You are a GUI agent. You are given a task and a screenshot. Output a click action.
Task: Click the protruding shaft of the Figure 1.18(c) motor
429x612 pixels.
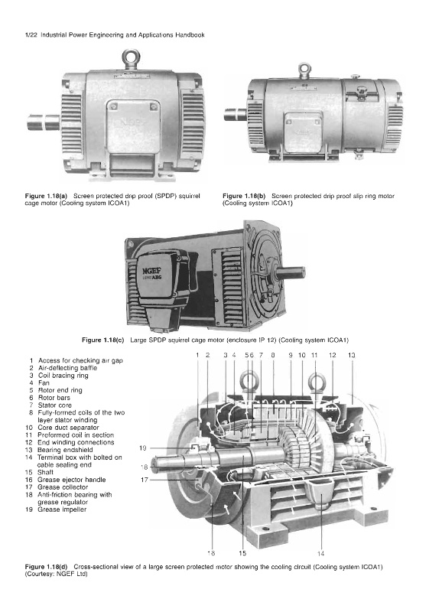[291, 272]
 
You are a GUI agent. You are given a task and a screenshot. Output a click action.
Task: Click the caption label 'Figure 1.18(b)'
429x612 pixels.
[244, 196]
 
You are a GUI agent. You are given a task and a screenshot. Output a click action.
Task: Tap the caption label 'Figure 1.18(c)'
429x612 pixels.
[103, 340]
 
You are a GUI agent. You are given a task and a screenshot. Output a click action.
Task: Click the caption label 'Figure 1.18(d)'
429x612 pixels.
[46, 567]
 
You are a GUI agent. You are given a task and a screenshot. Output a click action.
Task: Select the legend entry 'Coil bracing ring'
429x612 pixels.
[63, 376]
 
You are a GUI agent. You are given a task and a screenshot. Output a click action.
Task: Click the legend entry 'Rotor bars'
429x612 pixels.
[54, 398]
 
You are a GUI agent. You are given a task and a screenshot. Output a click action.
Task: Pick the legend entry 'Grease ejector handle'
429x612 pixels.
[71, 480]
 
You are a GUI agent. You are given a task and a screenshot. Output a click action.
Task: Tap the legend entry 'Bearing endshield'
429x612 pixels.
[65, 450]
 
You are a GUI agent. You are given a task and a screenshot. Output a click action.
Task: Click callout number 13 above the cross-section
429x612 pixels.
[352, 355]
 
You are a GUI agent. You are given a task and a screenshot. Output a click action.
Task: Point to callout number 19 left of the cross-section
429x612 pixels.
[143, 448]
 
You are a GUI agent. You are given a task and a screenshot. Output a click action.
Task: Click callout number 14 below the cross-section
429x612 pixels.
[320, 553]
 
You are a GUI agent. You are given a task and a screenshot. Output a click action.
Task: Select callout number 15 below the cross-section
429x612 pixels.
[242, 553]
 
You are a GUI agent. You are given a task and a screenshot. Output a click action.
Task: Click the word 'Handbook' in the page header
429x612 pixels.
[190, 34]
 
